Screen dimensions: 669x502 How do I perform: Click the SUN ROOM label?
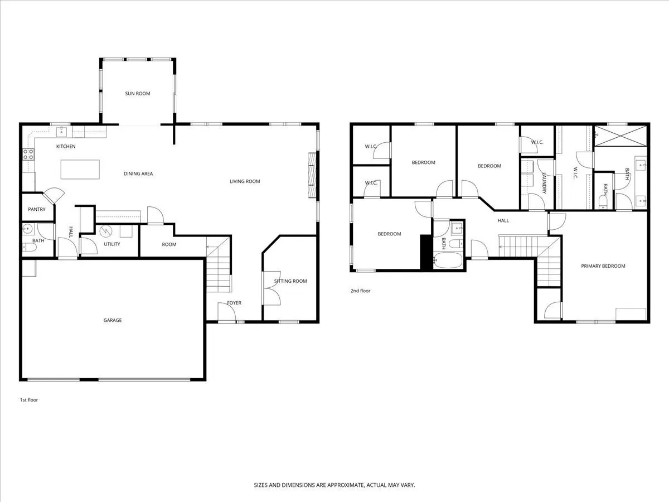tap(138, 94)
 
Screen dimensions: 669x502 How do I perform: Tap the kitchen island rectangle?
tap(80, 170)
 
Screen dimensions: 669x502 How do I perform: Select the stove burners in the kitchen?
tap(28, 155)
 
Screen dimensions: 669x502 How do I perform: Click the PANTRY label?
tap(37, 209)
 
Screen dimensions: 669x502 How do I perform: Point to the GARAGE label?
tap(113, 320)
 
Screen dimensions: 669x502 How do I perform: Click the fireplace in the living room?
tap(312, 175)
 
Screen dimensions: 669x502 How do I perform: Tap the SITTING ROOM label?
tap(290, 281)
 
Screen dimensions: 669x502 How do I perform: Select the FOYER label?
tap(234, 303)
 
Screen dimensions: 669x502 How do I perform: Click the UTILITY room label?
tap(112, 244)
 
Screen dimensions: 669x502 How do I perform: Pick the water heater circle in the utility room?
tap(106, 231)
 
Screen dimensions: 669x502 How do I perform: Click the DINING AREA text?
tap(138, 173)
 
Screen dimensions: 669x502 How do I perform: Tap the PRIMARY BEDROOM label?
tap(603, 266)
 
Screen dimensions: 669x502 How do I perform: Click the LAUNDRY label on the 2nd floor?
tap(544, 183)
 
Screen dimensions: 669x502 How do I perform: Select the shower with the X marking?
tap(620, 136)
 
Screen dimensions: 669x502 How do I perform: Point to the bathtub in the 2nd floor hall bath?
tap(448, 260)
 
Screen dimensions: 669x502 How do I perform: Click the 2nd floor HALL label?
tap(503, 221)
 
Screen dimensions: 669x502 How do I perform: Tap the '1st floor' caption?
tap(29, 400)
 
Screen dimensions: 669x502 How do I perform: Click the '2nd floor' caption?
tap(360, 291)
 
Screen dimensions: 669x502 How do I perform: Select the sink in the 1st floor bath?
tap(28, 229)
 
